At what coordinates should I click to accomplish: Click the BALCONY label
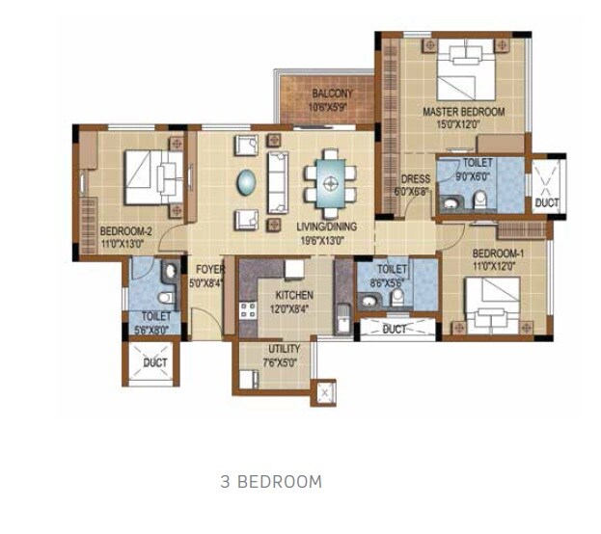331,93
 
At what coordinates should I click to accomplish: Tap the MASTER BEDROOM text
463,112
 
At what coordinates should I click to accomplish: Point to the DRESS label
415,178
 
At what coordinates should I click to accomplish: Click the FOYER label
210,269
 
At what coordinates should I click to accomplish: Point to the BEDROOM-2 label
126,230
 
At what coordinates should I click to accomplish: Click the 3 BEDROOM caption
271,481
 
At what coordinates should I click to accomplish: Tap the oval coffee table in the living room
247,181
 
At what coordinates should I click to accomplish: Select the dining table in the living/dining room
329,181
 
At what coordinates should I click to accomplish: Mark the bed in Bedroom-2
154,177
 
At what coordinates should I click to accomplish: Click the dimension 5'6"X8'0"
155,329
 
